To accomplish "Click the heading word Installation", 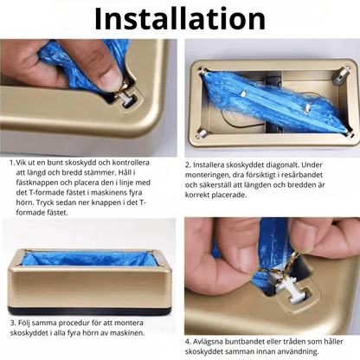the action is [180, 19].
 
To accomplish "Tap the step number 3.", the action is [13, 323].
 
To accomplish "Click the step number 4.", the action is [188, 342].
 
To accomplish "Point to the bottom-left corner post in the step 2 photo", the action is [203, 133].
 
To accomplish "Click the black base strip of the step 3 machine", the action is [89, 312].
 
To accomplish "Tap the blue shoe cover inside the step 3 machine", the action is [87, 259].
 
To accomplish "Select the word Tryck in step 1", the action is [46, 202].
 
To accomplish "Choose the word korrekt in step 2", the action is [197, 195].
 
